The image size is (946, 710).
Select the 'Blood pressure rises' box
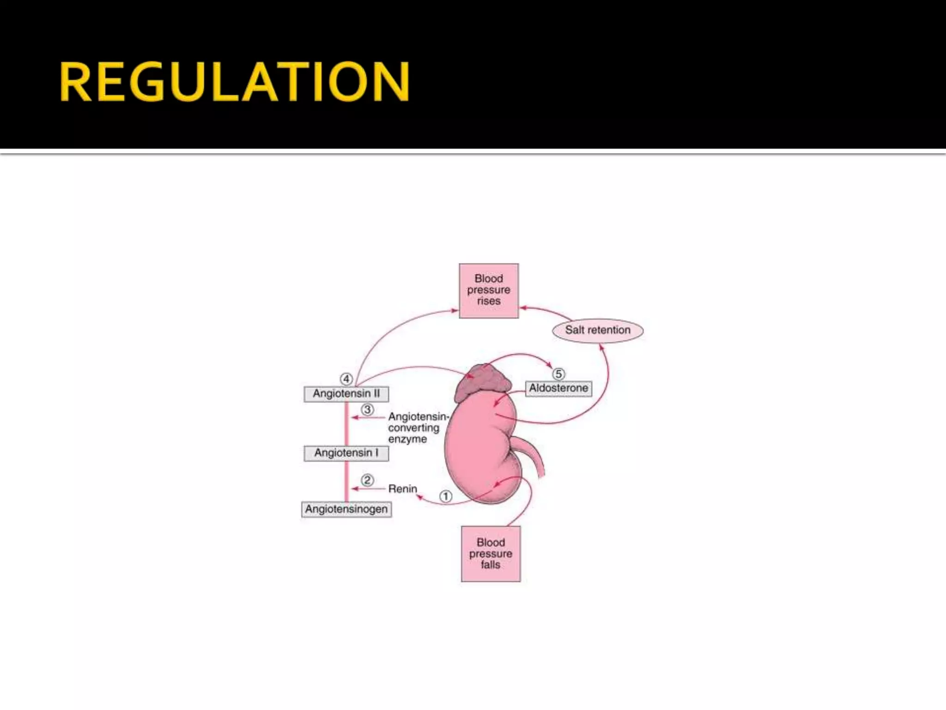(x=489, y=290)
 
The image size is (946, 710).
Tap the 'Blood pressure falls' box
(x=491, y=553)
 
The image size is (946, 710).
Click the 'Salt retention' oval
(x=598, y=330)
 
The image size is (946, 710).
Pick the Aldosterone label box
(x=558, y=388)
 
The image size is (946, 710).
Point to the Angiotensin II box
(x=346, y=394)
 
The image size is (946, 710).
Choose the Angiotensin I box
(x=346, y=453)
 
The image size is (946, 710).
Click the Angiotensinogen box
(x=346, y=509)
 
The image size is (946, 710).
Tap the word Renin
(x=402, y=489)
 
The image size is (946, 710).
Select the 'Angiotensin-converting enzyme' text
(x=416, y=428)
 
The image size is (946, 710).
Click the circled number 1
(x=445, y=496)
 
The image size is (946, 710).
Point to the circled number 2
(x=367, y=480)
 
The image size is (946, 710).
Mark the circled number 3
(x=367, y=410)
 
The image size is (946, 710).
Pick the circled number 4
(x=346, y=379)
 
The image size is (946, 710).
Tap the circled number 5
(x=558, y=373)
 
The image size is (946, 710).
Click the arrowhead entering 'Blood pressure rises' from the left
(x=455, y=311)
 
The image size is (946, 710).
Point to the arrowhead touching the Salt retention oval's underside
(x=601, y=346)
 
